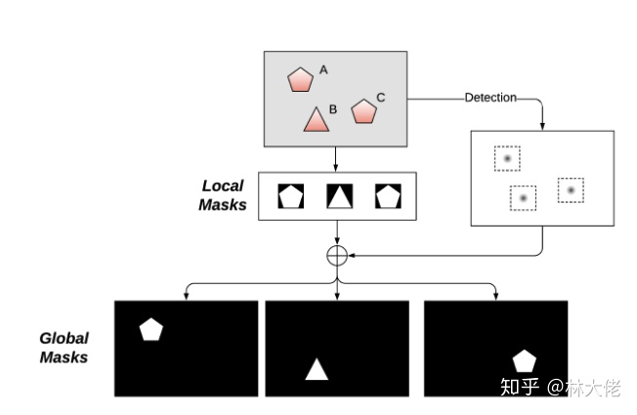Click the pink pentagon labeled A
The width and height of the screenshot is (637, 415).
[x=299, y=79]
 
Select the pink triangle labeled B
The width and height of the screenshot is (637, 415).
[x=315, y=119]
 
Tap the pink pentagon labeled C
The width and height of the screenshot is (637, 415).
[x=363, y=110]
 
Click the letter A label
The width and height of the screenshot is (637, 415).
[x=323, y=70]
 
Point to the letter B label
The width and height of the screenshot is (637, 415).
[x=333, y=109]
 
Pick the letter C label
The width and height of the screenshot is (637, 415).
[x=381, y=97]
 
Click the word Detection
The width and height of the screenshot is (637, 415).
[x=489, y=98]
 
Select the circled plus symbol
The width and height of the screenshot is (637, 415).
[x=337, y=255]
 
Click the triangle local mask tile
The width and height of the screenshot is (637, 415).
[x=338, y=196]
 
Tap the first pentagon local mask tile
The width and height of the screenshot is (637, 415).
[x=290, y=196]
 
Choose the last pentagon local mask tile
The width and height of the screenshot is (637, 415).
[x=388, y=196]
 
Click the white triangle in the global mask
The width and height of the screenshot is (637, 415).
[x=317, y=369]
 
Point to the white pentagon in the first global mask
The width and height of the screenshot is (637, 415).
[x=150, y=329]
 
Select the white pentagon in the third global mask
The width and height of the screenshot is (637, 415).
[x=525, y=360]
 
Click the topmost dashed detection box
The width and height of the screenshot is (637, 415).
[x=507, y=158]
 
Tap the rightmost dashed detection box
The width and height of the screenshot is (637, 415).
[x=571, y=189]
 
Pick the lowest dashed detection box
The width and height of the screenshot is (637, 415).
[x=524, y=198]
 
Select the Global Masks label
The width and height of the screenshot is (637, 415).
[x=64, y=348]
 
